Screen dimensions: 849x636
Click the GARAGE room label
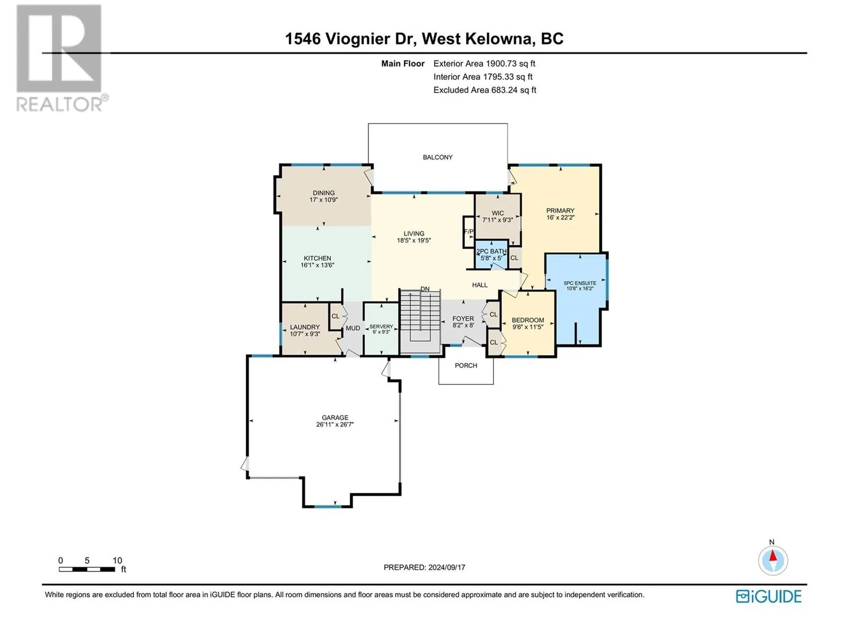click(335, 418)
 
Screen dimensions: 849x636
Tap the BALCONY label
click(437, 157)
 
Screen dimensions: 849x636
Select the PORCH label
click(466, 365)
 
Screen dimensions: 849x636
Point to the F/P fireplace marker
click(469, 232)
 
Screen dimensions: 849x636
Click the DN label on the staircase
click(424, 289)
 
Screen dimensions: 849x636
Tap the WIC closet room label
click(498, 213)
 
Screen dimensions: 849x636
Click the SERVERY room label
click(381, 326)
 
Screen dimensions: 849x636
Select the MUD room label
click(353, 328)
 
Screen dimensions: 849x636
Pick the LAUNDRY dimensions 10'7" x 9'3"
click(305, 334)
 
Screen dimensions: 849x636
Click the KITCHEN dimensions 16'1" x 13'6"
click(317, 266)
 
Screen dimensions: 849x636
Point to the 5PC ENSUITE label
click(580, 283)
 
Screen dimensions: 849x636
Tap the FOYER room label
click(463, 319)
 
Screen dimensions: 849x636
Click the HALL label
click(480, 285)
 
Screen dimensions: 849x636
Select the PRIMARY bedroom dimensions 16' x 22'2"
click(560, 217)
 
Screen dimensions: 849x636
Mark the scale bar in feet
click(87, 569)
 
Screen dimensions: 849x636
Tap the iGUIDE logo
click(768, 597)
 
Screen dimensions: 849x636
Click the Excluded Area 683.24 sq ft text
click(484, 90)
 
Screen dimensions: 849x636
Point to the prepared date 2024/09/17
click(446, 567)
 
